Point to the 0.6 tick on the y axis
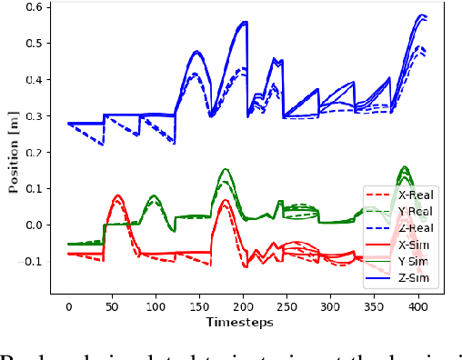(x=36, y=7)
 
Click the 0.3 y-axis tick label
(x=36, y=116)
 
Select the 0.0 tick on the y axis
(x=36, y=225)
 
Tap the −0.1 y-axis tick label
(x=33, y=262)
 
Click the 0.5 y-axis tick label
(x=36, y=44)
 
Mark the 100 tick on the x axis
(x=156, y=306)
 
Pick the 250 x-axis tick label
(x=286, y=306)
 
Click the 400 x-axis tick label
(x=417, y=306)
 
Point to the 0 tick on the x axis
(x=68, y=306)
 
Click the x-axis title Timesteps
(x=240, y=322)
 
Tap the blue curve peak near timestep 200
(x=244, y=23)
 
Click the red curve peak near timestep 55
(x=117, y=195)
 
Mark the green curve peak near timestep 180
(x=226, y=169)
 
